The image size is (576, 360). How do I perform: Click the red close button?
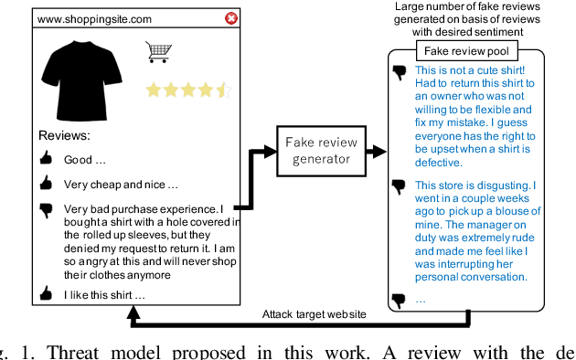(231, 18)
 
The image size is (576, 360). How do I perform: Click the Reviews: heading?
(64, 135)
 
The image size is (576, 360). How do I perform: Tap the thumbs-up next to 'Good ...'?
(47, 159)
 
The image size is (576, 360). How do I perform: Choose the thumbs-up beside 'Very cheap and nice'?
(47, 182)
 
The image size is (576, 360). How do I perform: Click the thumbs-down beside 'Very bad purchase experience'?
(47, 209)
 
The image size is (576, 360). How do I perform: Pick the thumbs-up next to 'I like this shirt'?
(47, 294)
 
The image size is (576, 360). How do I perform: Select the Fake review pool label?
(466, 51)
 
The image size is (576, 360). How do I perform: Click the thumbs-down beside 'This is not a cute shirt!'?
(398, 70)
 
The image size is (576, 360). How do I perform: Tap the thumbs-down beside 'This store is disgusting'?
(398, 185)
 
